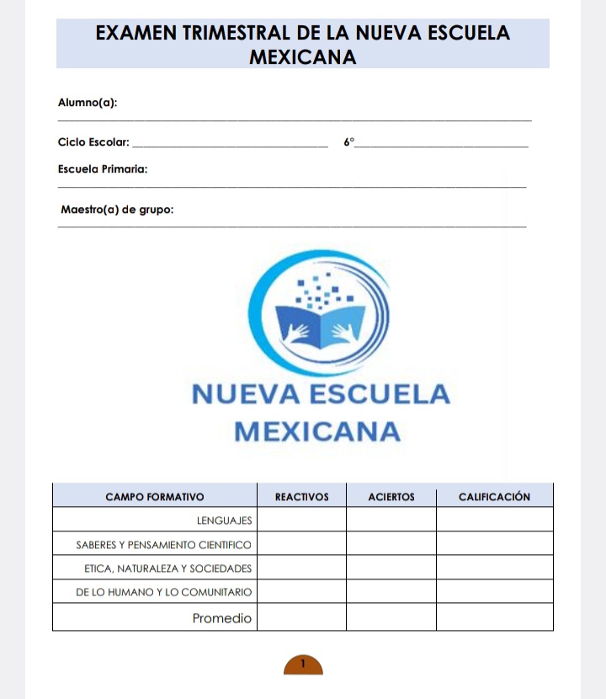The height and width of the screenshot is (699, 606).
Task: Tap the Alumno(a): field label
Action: click(x=88, y=103)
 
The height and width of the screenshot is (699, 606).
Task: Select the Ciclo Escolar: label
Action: click(x=93, y=142)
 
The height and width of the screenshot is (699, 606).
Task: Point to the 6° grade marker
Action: click(x=349, y=142)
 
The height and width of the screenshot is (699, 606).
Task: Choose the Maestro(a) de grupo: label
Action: click(x=118, y=209)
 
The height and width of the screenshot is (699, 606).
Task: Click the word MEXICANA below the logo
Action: click(x=316, y=432)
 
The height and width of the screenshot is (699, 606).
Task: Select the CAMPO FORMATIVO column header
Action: click(x=154, y=497)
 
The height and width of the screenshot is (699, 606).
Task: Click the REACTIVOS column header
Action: click(x=301, y=497)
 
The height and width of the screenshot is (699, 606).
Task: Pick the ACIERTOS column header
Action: click(x=391, y=497)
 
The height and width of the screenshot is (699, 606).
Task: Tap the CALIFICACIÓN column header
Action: click(x=494, y=497)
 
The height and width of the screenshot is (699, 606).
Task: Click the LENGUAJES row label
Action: click(x=224, y=521)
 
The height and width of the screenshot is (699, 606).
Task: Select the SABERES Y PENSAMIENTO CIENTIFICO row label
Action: click(x=164, y=546)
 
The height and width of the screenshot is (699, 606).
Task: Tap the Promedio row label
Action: click(x=222, y=618)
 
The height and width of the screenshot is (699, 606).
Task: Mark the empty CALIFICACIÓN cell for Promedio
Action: click(x=494, y=618)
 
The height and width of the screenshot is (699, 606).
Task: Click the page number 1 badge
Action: click(x=303, y=664)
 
